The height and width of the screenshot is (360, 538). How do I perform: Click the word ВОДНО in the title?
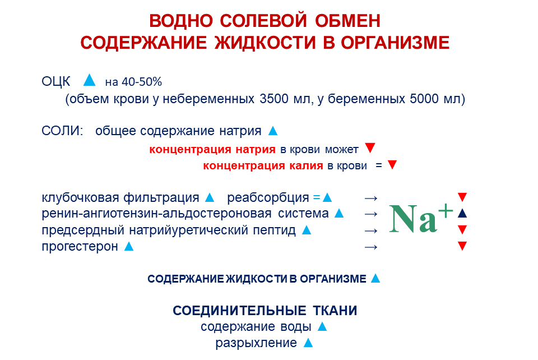pyautogui.click(x=181, y=21)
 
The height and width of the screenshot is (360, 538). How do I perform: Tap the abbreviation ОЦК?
pyautogui.click(x=55, y=82)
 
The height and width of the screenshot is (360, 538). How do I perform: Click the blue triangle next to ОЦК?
pyautogui.click(x=89, y=80)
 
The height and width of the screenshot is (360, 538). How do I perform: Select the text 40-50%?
pyautogui.click(x=142, y=82)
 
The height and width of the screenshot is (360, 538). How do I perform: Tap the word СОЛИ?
pyautogui.click(x=62, y=131)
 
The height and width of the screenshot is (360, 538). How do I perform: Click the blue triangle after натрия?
pyautogui.click(x=273, y=131)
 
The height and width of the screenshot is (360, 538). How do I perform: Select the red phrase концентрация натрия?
pyautogui.click(x=212, y=149)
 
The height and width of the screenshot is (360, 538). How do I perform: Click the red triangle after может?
pyautogui.click(x=370, y=148)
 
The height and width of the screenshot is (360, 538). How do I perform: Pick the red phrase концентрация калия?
pyautogui.click(x=263, y=166)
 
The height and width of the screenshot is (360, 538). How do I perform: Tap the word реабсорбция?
pyautogui.click(x=268, y=198)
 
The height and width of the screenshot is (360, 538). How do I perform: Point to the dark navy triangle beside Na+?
pyautogui.click(x=462, y=214)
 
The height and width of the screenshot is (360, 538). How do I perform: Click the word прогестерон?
pyautogui.click(x=80, y=246)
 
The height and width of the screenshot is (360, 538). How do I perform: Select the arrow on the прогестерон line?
pyautogui.click(x=371, y=247)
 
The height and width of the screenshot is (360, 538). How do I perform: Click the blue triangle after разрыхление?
pyautogui.click(x=308, y=343)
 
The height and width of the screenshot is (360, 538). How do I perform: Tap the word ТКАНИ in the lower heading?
pyautogui.click(x=335, y=311)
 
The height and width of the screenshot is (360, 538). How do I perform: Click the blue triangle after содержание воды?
pyautogui.click(x=322, y=326)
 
